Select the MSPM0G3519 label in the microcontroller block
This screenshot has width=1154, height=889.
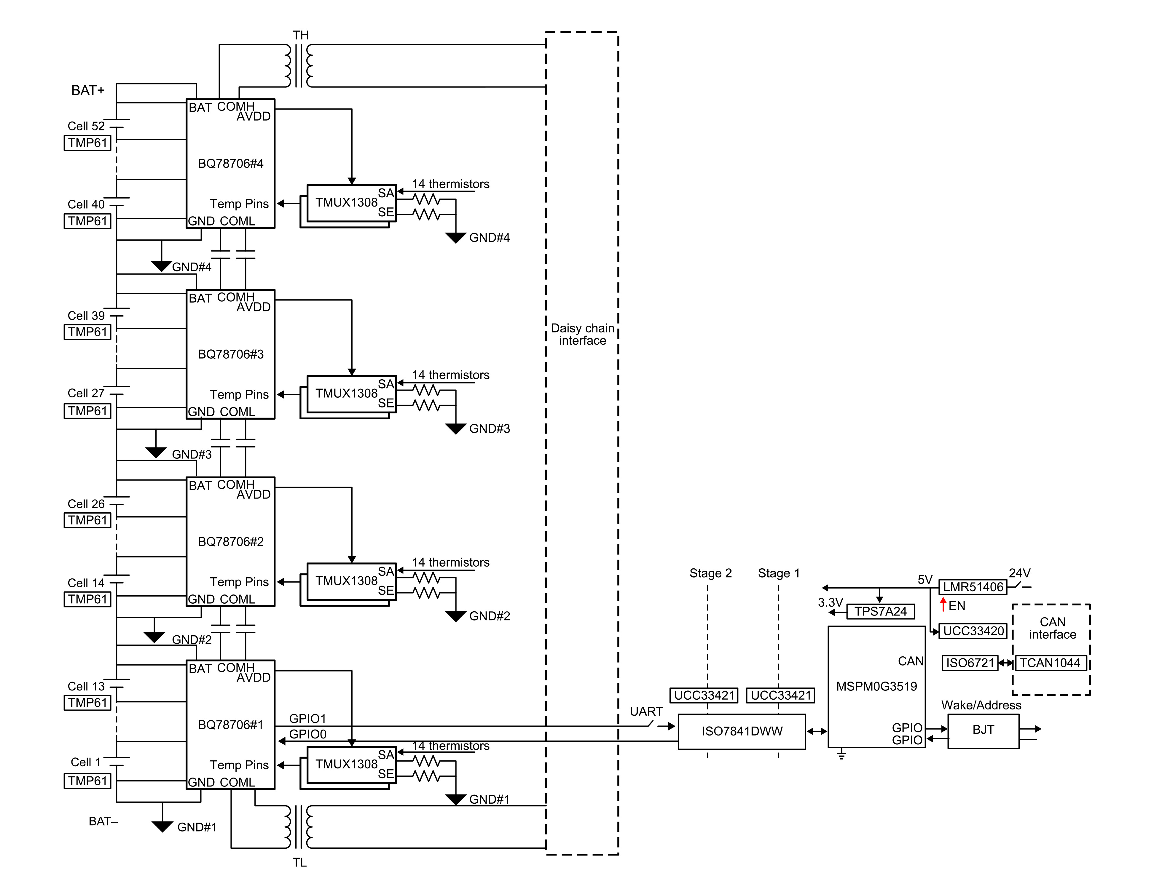(x=876, y=686)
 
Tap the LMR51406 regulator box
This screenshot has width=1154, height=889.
(x=973, y=587)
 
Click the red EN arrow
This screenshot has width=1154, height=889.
(x=943, y=604)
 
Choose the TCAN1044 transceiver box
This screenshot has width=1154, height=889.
(x=1050, y=663)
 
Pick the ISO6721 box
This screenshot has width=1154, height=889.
(x=970, y=663)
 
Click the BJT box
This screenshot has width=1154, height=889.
(x=983, y=730)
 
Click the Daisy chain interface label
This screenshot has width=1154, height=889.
(x=582, y=334)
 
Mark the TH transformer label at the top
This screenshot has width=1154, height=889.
(x=301, y=35)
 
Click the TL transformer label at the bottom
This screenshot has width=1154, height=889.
(x=299, y=863)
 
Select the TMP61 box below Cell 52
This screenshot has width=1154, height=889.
(x=88, y=143)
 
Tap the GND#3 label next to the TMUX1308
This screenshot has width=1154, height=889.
(x=489, y=428)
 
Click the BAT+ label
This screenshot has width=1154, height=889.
(x=88, y=90)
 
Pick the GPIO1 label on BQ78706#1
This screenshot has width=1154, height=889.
(x=307, y=718)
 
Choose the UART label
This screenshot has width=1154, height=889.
(x=646, y=711)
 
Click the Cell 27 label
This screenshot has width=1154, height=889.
(x=86, y=393)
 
